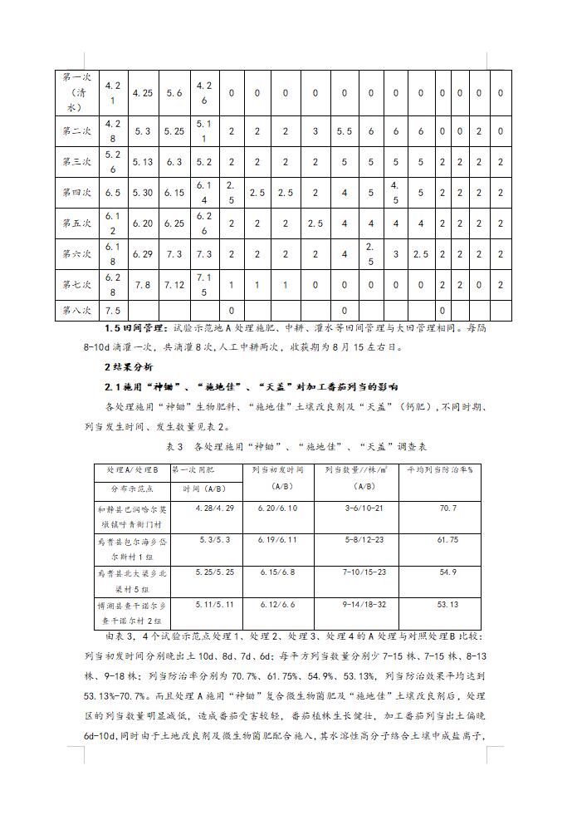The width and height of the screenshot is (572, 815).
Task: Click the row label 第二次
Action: coord(76,131)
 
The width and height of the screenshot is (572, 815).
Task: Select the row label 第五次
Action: coord(76,223)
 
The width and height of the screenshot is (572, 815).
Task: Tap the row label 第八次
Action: coord(76,310)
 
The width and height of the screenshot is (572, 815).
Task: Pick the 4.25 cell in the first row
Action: coord(142,93)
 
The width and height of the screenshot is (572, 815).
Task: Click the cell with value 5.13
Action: coord(142,162)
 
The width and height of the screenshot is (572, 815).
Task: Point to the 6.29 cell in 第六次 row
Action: coord(142,253)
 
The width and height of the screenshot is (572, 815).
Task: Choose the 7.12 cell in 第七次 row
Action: coord(174,284)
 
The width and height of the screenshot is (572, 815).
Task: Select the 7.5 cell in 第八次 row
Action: coord(113,310)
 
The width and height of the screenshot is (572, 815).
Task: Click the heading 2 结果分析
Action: coord(132,366)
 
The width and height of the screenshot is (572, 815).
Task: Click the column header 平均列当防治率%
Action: coord(439,469)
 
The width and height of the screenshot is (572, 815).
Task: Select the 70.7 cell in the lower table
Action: coord(447,508)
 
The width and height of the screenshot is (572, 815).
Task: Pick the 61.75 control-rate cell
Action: coord(447,540)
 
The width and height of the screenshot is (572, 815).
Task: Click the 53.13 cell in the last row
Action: coord(447,605)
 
